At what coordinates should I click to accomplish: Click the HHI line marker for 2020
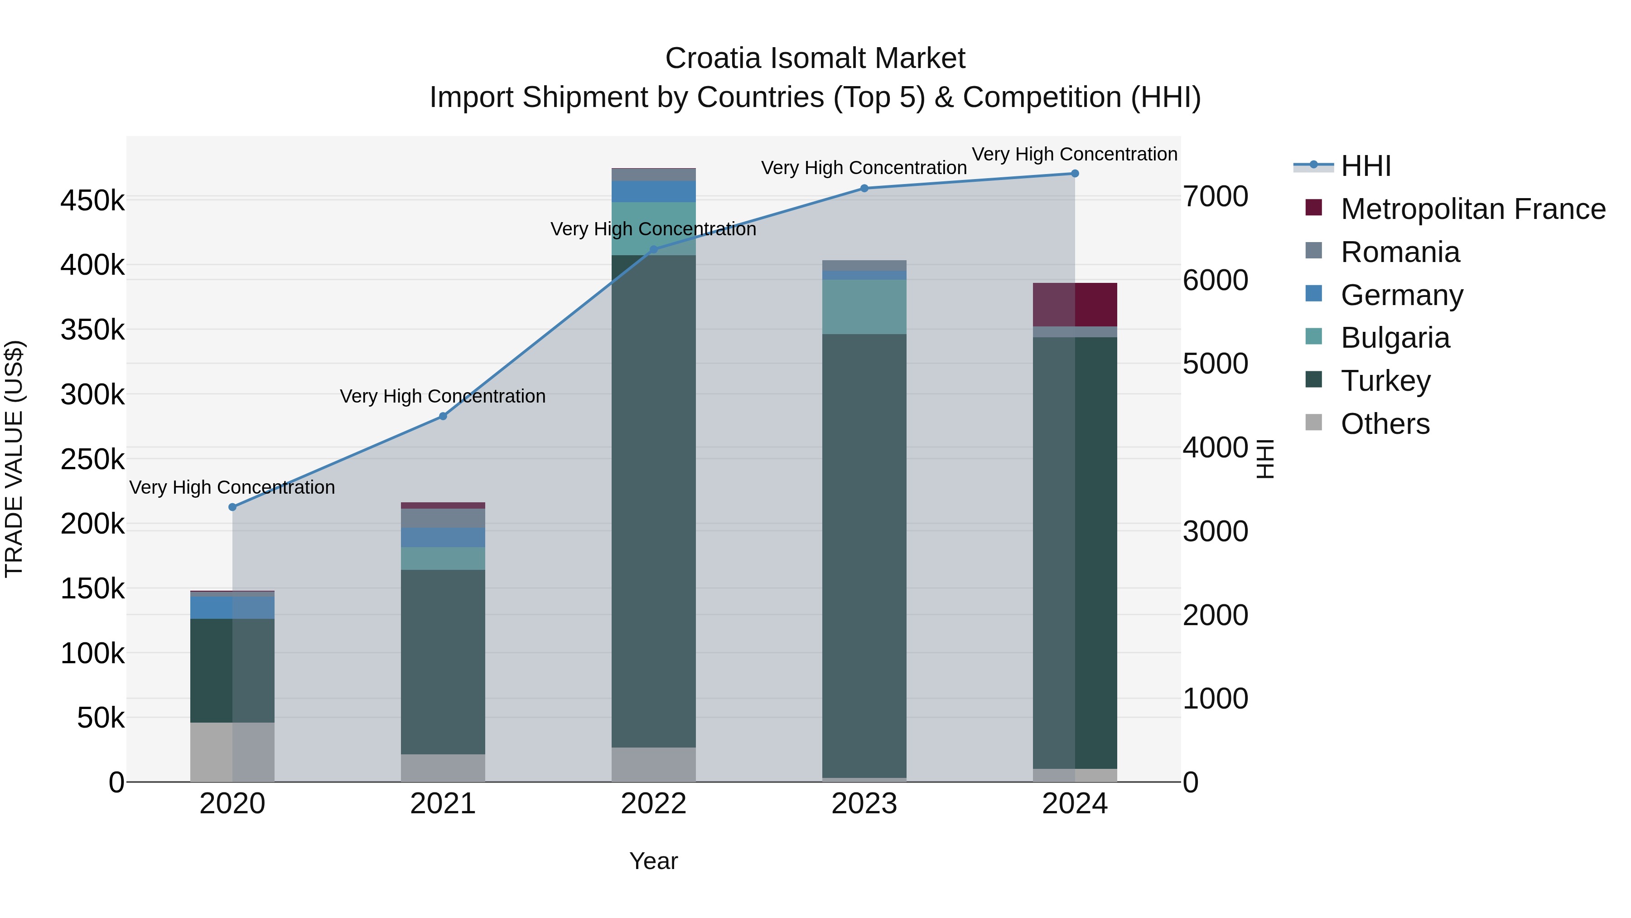232,507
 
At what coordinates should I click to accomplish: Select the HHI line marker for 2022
654,250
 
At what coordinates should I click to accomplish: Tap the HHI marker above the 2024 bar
1075,174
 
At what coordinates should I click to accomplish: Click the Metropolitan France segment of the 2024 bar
1075,305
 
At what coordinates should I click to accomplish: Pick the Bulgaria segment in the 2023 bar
864,306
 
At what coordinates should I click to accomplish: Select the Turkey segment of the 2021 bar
443,661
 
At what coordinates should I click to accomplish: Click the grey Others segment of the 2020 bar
232,752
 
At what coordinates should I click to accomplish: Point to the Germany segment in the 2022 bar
654,191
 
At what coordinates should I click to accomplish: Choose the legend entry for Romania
1400,252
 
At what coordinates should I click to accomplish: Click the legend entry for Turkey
1385,381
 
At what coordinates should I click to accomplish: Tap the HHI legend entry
1366,166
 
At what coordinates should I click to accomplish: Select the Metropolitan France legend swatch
1314,208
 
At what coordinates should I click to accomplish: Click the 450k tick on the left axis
92,201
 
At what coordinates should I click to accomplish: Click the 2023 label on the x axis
864,804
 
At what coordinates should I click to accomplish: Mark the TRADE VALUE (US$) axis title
14,459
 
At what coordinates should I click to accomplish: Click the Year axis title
653,861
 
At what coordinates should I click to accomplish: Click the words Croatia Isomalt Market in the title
815,58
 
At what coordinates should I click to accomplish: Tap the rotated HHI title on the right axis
1264,459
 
